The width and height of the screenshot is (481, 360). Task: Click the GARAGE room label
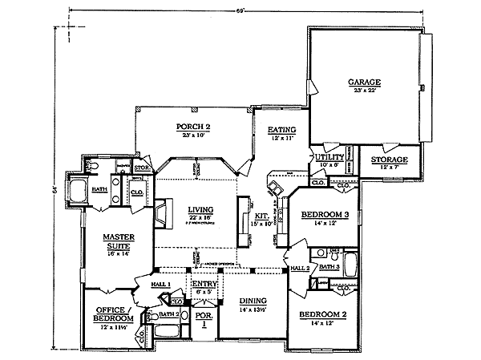tap(363, 82)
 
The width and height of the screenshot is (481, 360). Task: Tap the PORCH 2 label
tap(192, 127)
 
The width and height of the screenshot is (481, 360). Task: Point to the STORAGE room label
tap(389, 160)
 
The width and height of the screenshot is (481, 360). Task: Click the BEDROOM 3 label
tap(324, 215)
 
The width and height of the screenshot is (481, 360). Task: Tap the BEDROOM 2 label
tap(324, 315)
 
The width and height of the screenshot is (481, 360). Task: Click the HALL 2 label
tap(299, 268)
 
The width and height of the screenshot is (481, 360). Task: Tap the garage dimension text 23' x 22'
tap(363, 91)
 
